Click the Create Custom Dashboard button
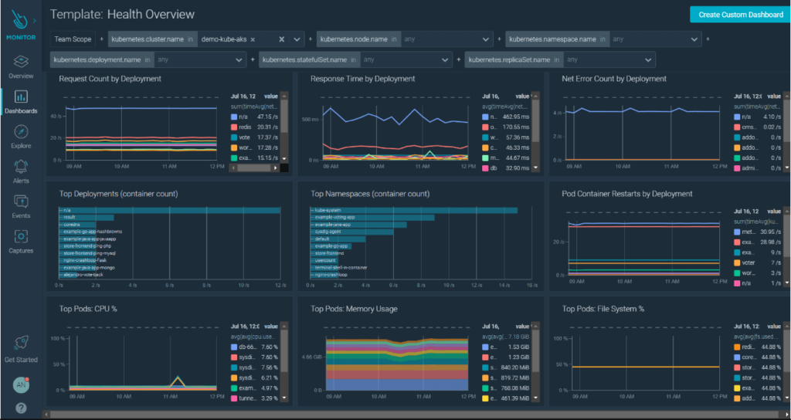coord(740,15)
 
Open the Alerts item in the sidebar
coord(21,171)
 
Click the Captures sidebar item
coord(21,241)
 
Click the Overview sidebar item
coord(21,66)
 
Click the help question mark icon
coord(21,407)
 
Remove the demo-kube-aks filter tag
coord(253,39)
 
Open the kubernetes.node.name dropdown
coord(485,39)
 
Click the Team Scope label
coord(72,39)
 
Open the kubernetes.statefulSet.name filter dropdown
coord(446,59)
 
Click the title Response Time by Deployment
coord(362,79)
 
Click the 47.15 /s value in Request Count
coord(268,117)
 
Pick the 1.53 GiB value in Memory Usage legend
coord(518,347)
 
